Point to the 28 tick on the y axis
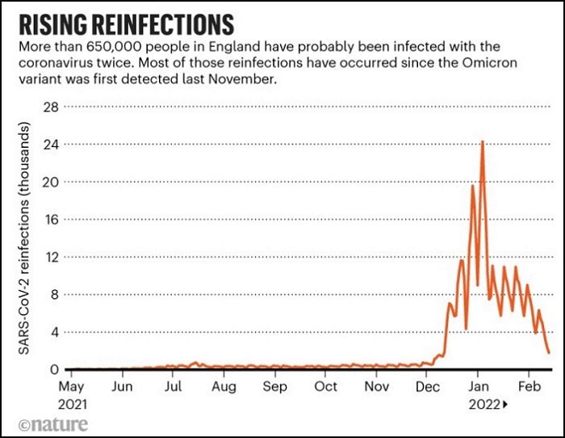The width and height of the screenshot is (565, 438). (x=50, y=107)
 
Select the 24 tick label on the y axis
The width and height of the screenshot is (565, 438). (x=50, y=144)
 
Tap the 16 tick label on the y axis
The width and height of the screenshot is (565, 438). (x=50, y=219)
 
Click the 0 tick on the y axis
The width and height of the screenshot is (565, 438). (x=54, y=369)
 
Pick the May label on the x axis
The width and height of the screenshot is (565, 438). (x=72, y=387)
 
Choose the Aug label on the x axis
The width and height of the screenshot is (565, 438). (x=224, y=387)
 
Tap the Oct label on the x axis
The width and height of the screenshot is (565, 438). (x=325, y=387)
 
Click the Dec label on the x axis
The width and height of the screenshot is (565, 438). (x=426, y=387)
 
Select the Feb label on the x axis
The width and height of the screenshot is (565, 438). (x=528, y=387)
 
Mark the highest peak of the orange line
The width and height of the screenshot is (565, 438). (x=482, y=141)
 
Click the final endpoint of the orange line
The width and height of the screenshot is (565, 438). (x=549, y=352)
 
